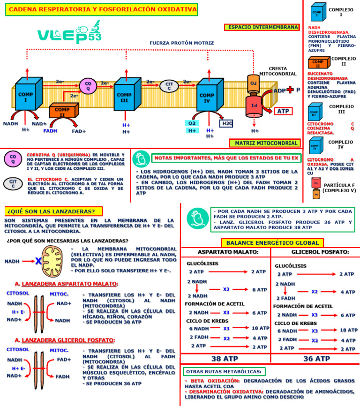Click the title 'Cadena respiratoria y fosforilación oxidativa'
coord(101,9)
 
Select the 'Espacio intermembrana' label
coord(262,27)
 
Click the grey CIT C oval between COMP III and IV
coord(170,86)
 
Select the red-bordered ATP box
coord(283,112)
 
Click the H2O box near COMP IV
coord(227,123)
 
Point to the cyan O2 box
coord(192,123)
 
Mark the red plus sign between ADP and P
coord(291,90)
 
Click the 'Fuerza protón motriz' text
coord(175,43)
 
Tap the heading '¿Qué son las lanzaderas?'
coord(53,211)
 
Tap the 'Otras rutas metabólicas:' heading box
coord(224,372)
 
